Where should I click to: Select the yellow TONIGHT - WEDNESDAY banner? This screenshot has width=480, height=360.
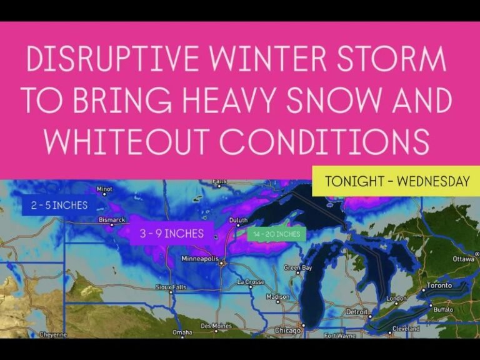click(x=397, y=182)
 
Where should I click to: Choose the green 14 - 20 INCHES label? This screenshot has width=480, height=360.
click(x=276, y=234)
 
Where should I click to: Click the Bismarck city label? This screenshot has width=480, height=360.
click(x=111, y=219)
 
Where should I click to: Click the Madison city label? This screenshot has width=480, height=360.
click(x=277, y=297)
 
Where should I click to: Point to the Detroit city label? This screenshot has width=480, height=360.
click(x=357, y=311)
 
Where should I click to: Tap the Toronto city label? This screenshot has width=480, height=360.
click(x=439, y=286)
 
